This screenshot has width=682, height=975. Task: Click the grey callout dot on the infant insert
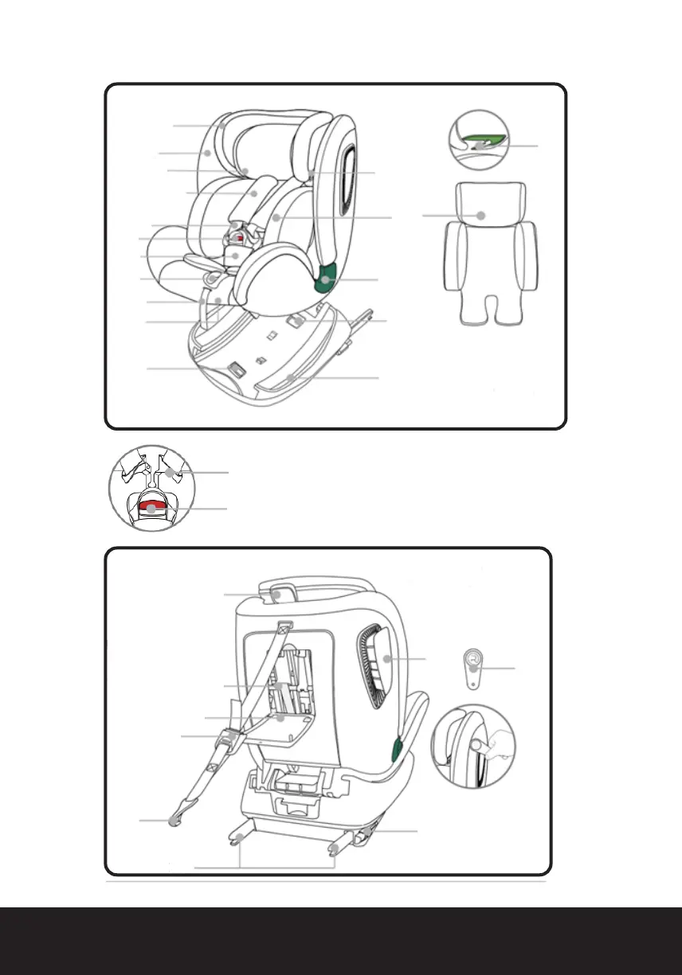point(480,215)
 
